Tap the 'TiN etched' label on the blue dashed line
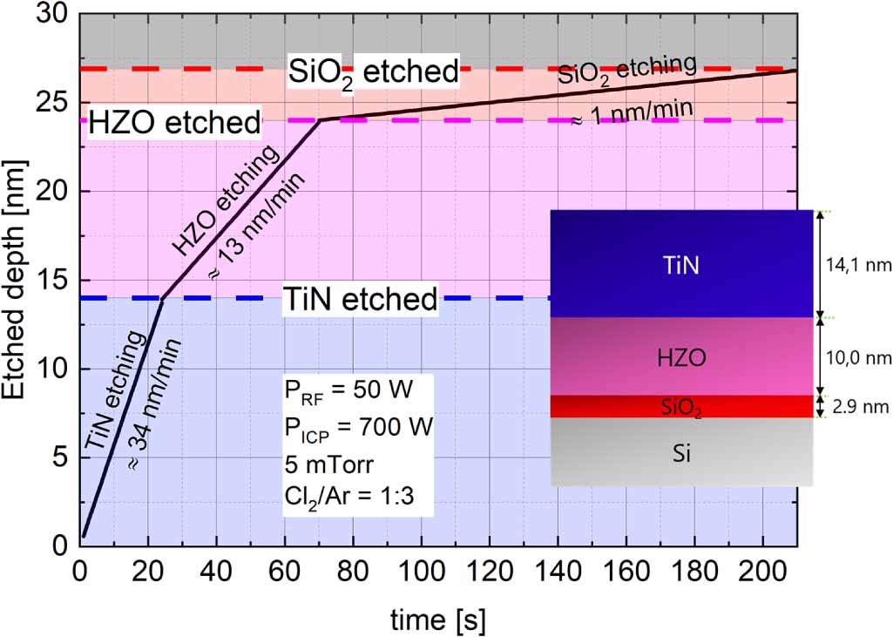pyautogui.click(x=360, y=300)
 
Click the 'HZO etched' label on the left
pyautogui.click(x=174, y=122)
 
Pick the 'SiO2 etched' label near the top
pyautogui.click(x=373, y=72)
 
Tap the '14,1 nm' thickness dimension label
pyautogui.click(x=859, y=264)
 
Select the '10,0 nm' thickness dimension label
pyautogui.click(x=859, y=356)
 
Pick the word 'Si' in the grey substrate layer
pyautogui.click(x=682, y=453)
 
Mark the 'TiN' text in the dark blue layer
pyautogui.click(x=681, y=264)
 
